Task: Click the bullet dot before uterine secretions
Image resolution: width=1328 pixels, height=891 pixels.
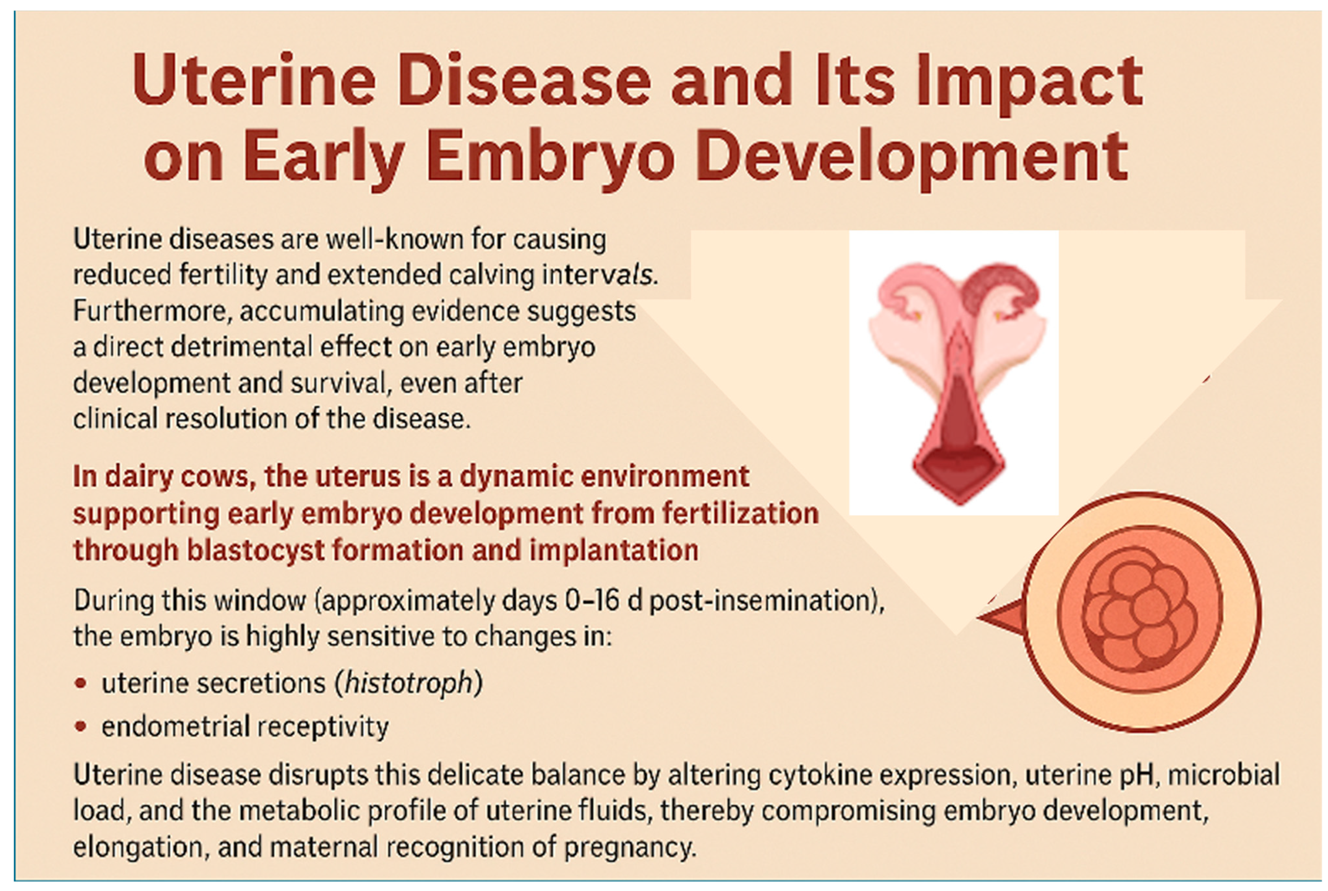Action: click(81, 683)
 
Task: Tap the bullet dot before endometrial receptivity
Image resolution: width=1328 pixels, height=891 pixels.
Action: click(81, 726)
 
